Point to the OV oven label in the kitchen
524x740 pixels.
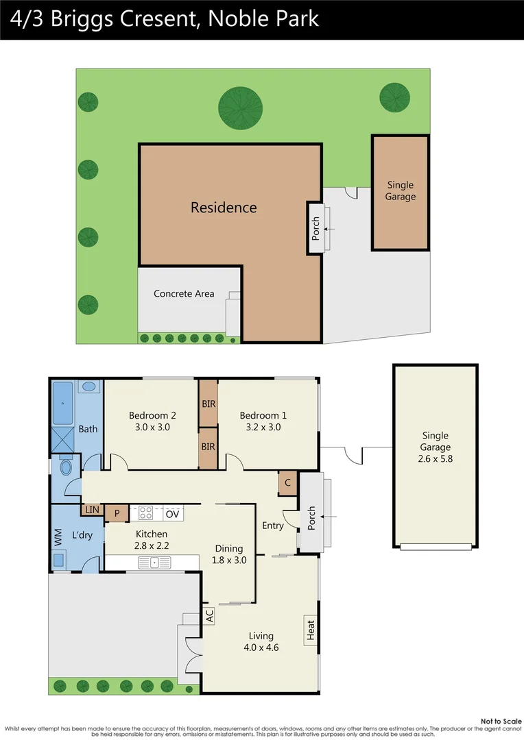[x=173, y=514]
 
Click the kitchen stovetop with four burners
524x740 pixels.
[x=145, y=513]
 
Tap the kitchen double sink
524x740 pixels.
[x=154, y=563]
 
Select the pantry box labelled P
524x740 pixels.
[x=117, y=513]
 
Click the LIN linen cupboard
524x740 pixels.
[x=92, y=510]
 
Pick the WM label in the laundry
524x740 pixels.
[x=58, y=539]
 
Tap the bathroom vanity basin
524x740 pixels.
[x=89, y=387]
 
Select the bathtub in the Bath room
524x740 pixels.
[x=64, y=402]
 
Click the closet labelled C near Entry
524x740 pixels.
[x=287, y=483]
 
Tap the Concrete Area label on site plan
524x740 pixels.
[x=184, y=294]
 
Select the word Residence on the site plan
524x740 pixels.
[x=224, y=208]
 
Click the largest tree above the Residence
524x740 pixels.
[x=240, y=107]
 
